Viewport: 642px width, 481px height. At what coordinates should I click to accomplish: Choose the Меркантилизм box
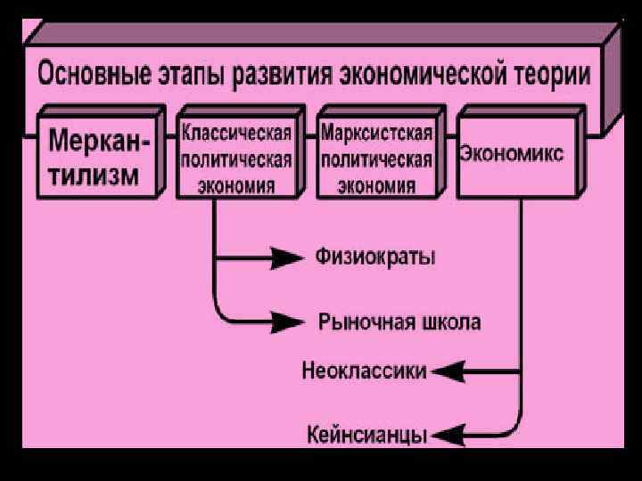[98, 157]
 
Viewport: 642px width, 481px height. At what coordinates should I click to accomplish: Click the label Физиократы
[375, 257]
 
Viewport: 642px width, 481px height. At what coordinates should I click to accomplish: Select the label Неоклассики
[365, 370]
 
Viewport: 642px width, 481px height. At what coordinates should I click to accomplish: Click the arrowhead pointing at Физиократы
[286, 258]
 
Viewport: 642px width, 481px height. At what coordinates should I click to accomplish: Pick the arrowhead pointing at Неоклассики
[447, 370]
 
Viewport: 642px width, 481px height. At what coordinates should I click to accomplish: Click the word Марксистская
[376, 135]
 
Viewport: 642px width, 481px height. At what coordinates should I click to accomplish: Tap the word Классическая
[236, 134]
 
